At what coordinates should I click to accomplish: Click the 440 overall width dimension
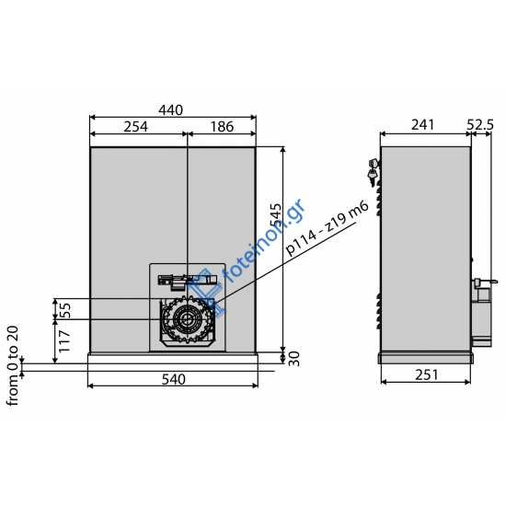point(171,110)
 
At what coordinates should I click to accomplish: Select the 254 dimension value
point(136,126)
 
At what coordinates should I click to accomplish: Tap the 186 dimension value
point(222,126)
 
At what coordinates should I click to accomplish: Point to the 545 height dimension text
point(273,221)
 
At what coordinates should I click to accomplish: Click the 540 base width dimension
point(172,378)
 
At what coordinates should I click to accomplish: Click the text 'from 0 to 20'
point(12,364)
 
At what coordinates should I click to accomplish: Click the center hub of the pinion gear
point(187,320)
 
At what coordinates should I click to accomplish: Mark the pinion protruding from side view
point(481,313)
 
